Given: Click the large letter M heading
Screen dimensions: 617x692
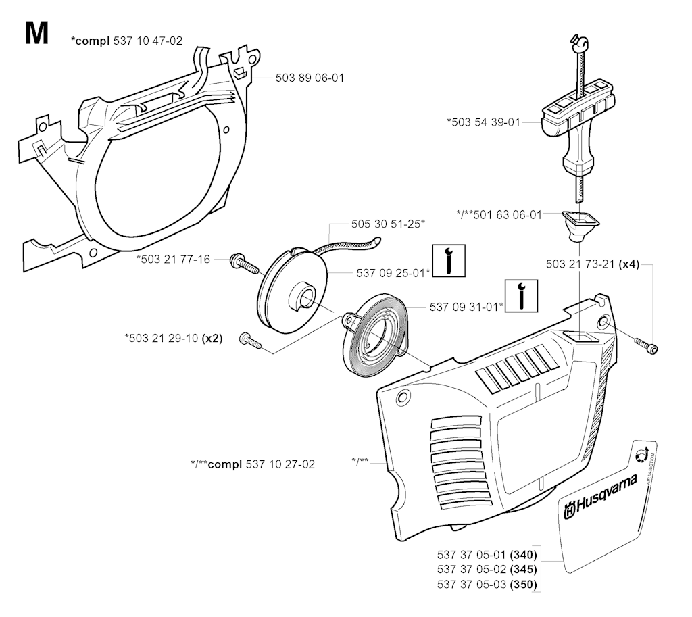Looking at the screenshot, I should [36, 33].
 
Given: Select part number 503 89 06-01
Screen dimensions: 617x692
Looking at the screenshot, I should [310, 78].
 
